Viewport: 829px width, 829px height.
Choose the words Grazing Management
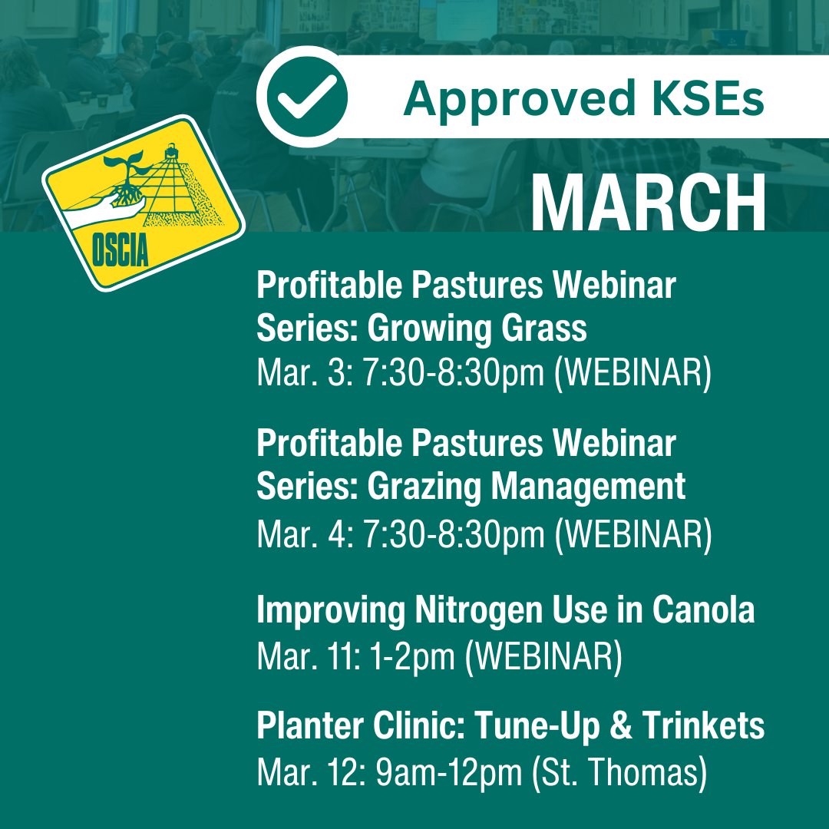pyautogui.click(x=527, y=487)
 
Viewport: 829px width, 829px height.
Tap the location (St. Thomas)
pyautogui.click(x=619, y=774)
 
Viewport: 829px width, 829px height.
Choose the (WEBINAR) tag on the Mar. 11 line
pyautogui.click(x=543, y=659)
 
